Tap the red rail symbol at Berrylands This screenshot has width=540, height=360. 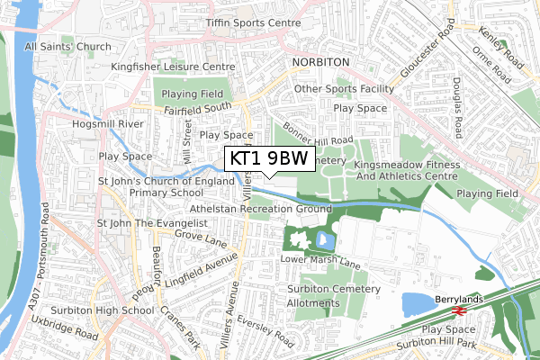(457, 310)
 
